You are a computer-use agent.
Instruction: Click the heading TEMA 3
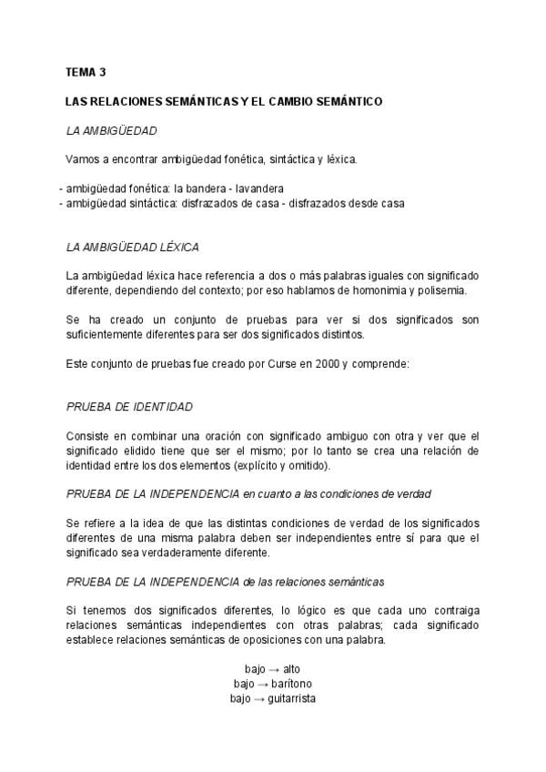pyautogui.click(x=86, y=71)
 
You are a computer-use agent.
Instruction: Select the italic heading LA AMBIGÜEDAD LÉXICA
pyautogui.click(x=133, y=247)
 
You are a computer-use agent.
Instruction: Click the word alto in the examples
pyautogui.click(x=291, y=668)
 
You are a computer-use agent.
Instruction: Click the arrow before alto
pyautogui.click(x=272, y=668)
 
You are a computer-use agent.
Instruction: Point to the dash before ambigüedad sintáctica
pyautogui.click(x=61, y=203)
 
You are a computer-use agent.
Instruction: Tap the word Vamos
pyautogui.click(x=82, y=159)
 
